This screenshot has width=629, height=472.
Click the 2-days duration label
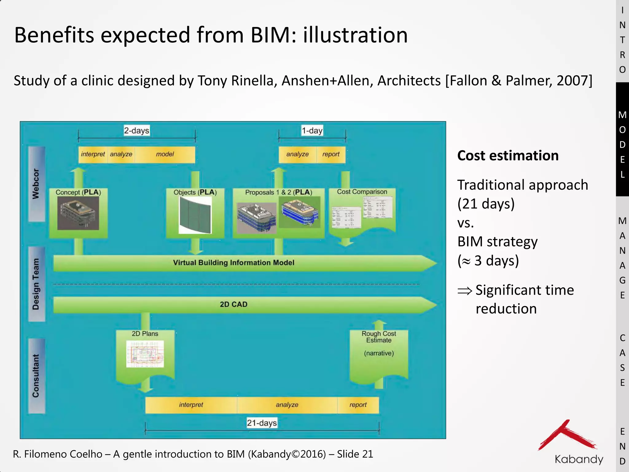click(136, 131)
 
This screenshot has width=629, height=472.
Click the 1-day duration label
click(312, 131)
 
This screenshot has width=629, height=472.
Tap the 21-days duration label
click(262, 423)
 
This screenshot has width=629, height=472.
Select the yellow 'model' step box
click(165, 154)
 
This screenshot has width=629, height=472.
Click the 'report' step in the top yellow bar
click(331, 154)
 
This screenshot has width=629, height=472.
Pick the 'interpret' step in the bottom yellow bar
click(191, 405)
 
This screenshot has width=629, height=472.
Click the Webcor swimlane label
click(36, 184)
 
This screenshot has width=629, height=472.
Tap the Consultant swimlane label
click(36, 376)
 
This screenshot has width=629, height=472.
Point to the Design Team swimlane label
click(36, 284)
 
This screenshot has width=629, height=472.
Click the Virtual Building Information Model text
click(233, 262)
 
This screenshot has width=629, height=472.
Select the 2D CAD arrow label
click(233, 304)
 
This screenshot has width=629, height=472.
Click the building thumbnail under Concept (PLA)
click(78, 213)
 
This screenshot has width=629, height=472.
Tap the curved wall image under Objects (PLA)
click(195, 215)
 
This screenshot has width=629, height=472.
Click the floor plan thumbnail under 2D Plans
click(145, 354)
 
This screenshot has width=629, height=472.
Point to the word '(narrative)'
click(379, 353)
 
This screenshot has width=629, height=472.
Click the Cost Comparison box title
click(362, 192)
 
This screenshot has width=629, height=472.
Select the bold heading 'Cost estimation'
click(508, 155)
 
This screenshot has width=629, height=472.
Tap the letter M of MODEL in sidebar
click(622, 115)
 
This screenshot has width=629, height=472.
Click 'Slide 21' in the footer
click(355, 454)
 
